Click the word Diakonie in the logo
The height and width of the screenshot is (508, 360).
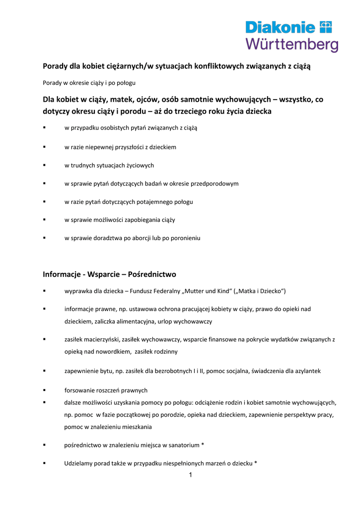(281, 27)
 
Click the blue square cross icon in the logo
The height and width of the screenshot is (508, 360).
(326, 26)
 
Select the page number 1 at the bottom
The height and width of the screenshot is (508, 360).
(190, 475)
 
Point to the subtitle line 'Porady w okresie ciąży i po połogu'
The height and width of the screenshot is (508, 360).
(89, 82)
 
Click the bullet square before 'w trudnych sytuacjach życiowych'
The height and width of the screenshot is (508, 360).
(45, 165)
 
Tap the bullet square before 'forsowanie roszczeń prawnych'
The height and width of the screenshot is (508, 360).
(45, 390)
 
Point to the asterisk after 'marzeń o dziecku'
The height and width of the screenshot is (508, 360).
(256, 463)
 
